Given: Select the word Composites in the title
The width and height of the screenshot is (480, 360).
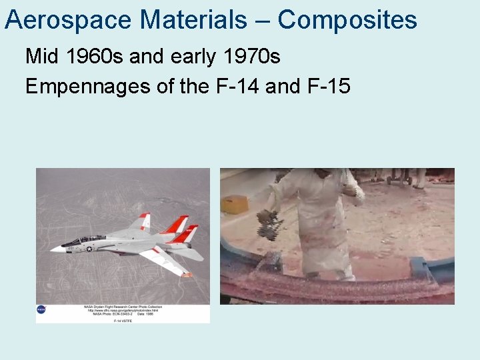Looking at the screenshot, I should pyautogui.click(x=347, y=20).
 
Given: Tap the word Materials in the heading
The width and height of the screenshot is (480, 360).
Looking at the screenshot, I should pyautogui.click(x=194, y=20).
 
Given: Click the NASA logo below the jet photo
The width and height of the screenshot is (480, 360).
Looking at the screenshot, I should pyautogui.click(x=41, y=309).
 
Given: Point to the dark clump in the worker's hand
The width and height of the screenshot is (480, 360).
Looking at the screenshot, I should pyautogui.click(x=269, y=224).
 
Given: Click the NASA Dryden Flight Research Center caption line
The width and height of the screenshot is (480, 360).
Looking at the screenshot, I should pyautogui.click(x=122, y=306).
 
